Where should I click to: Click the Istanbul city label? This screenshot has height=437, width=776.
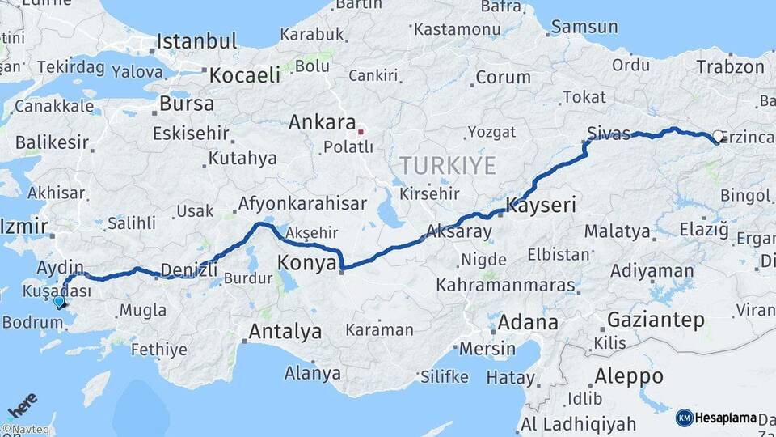tap(196, 41)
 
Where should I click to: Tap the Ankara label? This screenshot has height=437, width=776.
tap(323, 124)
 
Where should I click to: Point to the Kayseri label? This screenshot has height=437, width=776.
tap(541, 206)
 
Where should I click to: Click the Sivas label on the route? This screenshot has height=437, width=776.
tap(609, 134)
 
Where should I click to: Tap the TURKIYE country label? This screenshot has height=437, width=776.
tap(447, 166)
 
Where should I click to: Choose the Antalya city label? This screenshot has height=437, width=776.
tap(285, 331)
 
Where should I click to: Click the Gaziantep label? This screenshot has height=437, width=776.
tap(656, 319)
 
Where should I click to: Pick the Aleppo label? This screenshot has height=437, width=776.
tap(628, 376)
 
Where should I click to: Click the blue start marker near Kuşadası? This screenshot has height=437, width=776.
tap(58, 303)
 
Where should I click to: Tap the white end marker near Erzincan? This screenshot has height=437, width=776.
tap(717, 137)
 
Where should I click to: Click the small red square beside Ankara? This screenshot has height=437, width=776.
tap(361, 131)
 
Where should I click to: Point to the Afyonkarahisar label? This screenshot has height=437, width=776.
tap(302, 203)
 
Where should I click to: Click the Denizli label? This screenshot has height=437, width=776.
tap(189, 269)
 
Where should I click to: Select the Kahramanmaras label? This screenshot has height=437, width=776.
tap(505, 286)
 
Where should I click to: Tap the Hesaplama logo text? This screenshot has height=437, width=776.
tap(725, 418)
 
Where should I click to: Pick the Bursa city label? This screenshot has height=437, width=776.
tap(187, 104)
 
